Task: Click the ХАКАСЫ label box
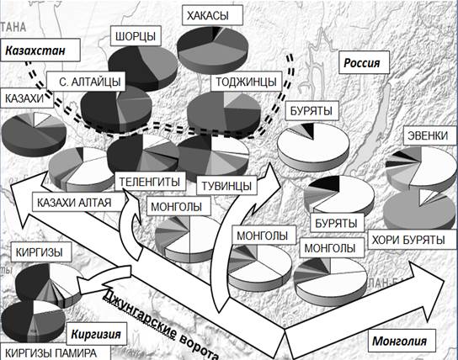pos(212,15)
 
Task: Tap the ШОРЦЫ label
pos(136,36)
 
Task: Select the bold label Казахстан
pos(40,50)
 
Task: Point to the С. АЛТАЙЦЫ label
pos(86,82)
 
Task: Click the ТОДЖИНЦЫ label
pos(246,82)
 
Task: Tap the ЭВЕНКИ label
pos(428,135)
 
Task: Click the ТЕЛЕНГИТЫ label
pos(150,182)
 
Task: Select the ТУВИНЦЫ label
pos(226,186)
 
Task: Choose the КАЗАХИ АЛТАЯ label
pos(74,203)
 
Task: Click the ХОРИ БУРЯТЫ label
pos(408,240)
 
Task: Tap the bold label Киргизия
pos(96,334)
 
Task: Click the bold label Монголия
pos(399,341)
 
